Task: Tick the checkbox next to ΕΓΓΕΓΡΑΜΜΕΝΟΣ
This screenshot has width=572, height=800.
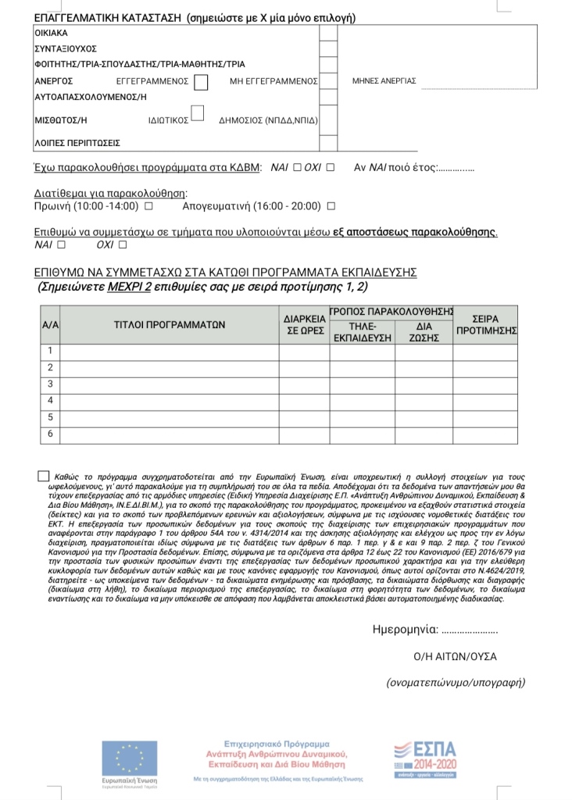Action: (202, 81)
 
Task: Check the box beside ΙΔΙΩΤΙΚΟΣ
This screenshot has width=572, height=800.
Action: (197, 114)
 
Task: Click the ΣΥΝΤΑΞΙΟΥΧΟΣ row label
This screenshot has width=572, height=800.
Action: (65, 48)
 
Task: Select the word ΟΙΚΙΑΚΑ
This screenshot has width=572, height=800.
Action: (52, 34)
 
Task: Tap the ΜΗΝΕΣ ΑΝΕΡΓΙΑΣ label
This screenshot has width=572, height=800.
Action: (384, 81)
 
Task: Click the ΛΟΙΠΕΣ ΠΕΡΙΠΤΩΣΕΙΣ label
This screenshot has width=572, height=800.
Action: (77, 144)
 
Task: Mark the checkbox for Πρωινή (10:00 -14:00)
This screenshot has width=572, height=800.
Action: (148, 206)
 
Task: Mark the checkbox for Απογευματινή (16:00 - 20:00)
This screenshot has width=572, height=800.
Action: (331, 206)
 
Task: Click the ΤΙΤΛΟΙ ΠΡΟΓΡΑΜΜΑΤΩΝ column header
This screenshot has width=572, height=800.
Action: (170, 324)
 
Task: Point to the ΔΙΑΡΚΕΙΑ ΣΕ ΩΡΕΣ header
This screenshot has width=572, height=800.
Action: (304, 324)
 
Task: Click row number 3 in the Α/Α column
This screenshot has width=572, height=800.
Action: (50, 384)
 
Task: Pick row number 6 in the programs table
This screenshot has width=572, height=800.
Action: (50, 434)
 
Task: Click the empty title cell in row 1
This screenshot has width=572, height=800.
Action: (170, 351)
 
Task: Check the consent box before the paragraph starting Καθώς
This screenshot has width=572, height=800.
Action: (42, 476)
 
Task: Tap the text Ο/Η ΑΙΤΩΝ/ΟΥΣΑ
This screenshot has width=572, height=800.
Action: (455, 656)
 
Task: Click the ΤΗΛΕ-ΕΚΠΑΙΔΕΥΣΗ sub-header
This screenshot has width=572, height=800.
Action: (362, 332)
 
